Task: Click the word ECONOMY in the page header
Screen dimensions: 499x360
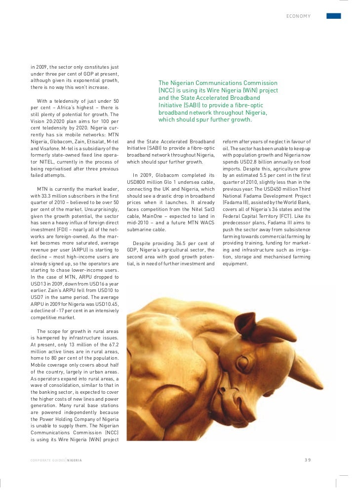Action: pyautogui.click(x=298, y=16)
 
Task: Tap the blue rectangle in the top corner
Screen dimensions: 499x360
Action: pyautogui.click(x=334, y=16)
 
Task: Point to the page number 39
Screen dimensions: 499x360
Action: pyautogui.click(x=308, y=460)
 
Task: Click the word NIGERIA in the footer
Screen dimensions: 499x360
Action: pyautogui.click(x=75, y=460)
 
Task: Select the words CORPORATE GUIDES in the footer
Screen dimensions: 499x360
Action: pyautogui.click(x=47, y=460)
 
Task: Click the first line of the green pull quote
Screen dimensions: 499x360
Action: pyautogui.click(x=218, y=83)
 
